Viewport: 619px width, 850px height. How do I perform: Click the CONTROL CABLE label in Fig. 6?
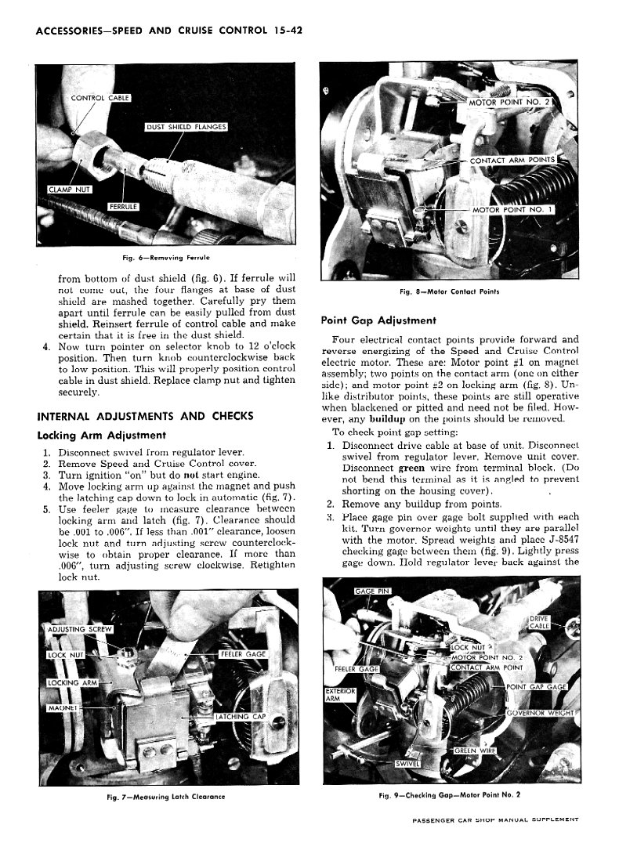point(100,98)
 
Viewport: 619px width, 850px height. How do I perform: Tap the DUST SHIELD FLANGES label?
point(186,127)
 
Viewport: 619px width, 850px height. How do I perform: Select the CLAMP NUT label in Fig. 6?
point(70,190)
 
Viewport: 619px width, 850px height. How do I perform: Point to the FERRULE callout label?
point(123,207)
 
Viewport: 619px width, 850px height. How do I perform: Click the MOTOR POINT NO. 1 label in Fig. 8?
point(512,209)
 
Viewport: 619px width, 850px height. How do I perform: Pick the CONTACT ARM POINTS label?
point(512,160)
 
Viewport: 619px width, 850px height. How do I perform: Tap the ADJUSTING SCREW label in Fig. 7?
point(80,629)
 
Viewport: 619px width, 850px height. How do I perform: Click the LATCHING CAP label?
point(241,717)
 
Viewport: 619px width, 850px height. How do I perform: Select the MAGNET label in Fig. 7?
point(63,708)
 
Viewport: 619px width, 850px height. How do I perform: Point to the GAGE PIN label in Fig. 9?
point(372,591)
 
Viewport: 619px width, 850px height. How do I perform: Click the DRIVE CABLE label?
point(540,622)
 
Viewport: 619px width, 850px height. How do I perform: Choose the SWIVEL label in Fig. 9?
point(407,764)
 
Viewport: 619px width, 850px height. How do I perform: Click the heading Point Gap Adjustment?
point(378,320)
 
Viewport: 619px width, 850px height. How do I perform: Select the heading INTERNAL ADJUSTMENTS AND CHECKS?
point(145,416)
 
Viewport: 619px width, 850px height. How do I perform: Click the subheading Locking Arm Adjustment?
point(101,436)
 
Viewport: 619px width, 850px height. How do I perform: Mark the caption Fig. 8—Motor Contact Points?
point(449,291)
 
